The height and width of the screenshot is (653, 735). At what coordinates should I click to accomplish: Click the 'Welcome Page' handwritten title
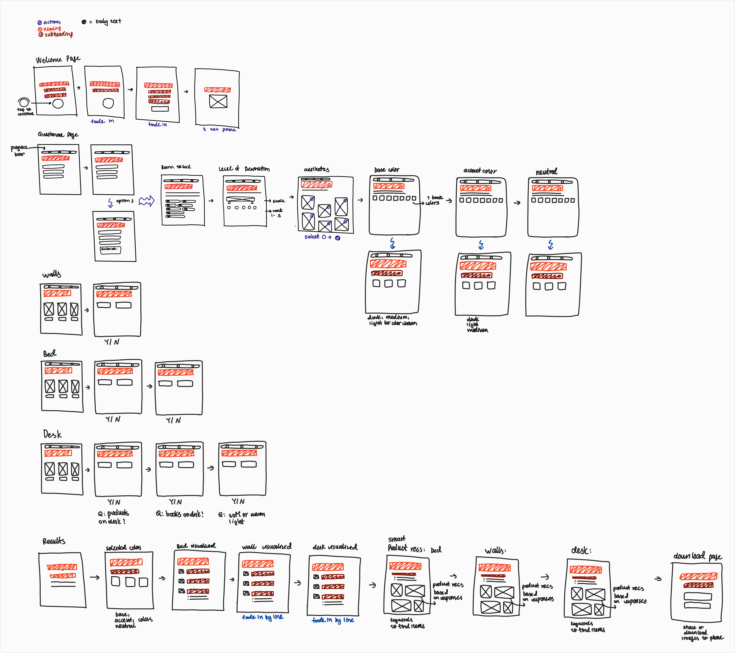click(x=57, y=59)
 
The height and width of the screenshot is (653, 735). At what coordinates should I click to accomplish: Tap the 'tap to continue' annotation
click(x=25, y=112)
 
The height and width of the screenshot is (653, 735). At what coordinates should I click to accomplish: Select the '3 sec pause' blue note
click(x=219, y=129)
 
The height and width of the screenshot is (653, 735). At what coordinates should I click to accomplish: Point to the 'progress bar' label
click(x=19, y=150)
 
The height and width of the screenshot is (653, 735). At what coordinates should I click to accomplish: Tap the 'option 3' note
click(x=124, y=201)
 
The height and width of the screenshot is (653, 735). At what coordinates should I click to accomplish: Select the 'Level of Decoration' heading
click(x=244, y=169)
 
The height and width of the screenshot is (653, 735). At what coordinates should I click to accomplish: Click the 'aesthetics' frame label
click(x=316, y=169)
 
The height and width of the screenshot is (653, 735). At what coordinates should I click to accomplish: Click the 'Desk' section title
click(x=52, y=434)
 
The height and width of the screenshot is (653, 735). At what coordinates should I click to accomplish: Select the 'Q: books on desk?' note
click(x=179, y=514)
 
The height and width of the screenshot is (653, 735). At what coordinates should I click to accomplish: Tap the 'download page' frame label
click(x=697, y=557)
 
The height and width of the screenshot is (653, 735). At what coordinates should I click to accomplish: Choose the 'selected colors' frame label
click(x=123, y=548)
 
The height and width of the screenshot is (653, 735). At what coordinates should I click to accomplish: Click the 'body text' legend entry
click(x=108, y=22)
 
